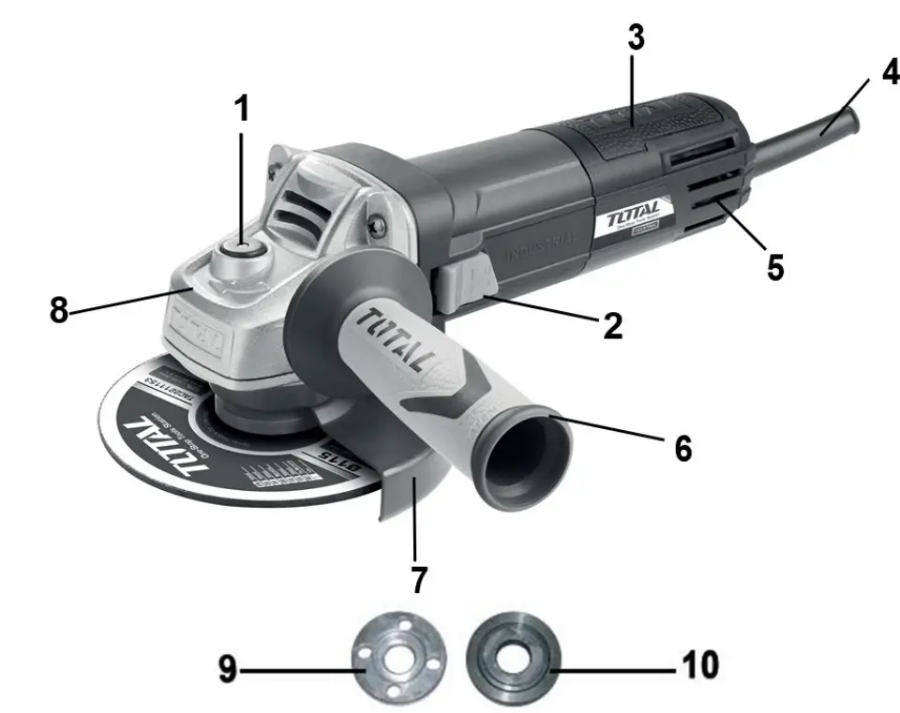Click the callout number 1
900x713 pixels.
point(242,109)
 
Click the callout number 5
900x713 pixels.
point(774,265)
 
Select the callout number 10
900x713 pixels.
point(697,666)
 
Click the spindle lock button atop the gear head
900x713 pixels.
point(238,254)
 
